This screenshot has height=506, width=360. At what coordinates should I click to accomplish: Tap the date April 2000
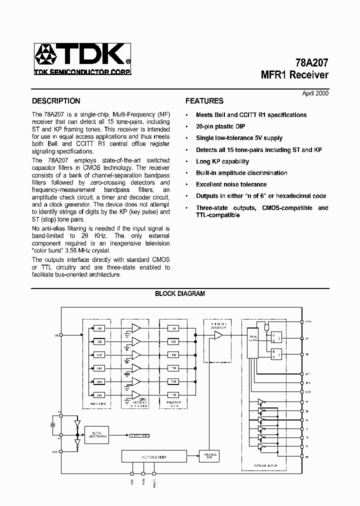(315, 93)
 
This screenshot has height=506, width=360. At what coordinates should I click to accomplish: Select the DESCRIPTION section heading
(56, 100)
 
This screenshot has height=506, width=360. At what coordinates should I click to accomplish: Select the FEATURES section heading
(204, 100)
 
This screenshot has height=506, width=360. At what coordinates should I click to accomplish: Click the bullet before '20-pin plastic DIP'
(186, 126)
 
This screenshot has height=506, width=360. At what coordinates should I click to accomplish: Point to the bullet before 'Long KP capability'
(186, 161)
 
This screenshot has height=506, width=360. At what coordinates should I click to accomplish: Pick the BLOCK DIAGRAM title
(180, 293)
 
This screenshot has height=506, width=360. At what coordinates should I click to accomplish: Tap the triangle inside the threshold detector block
(218, 336)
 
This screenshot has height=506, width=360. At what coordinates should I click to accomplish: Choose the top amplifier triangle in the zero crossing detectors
(135, 328)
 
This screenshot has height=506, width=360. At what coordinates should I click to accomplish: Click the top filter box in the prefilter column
(100, 328)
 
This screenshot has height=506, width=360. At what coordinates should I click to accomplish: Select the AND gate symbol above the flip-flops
(266, 326)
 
